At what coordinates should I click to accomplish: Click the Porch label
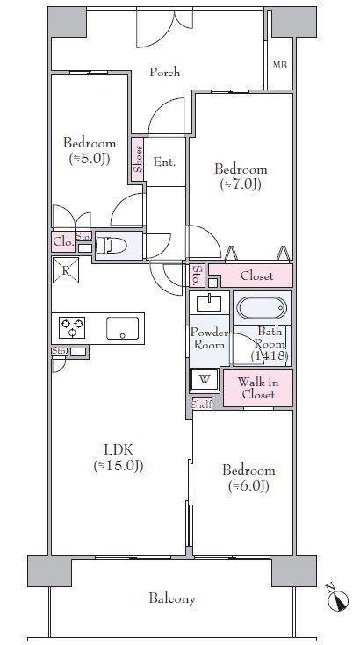(x=164, y=72)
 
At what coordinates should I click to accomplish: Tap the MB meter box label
(x=280, y=65)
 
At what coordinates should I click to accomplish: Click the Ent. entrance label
(x=164, y=162)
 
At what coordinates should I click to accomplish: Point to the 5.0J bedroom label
(x=90, y=151)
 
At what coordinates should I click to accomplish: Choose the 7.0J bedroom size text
(x=241, y=184)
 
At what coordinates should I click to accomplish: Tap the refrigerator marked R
(x=66, y=270)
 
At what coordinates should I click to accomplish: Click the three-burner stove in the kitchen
(x=73, y=327)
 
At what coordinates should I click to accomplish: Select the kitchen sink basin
(x=122, y=328)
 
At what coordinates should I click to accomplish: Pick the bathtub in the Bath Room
(x=262, y=308)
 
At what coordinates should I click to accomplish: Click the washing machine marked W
(x=205, y=380)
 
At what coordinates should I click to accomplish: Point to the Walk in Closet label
(x=258, y=388)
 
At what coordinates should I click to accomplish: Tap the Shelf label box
(x=202, y=405)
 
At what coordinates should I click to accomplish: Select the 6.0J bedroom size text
(x=248, y=486)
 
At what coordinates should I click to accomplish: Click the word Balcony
(x=172, y=598)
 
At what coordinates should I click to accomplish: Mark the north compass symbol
(x=338, y=599)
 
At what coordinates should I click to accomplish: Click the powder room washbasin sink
(x=210, y=303)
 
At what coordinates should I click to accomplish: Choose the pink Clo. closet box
(x=63, y=242)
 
